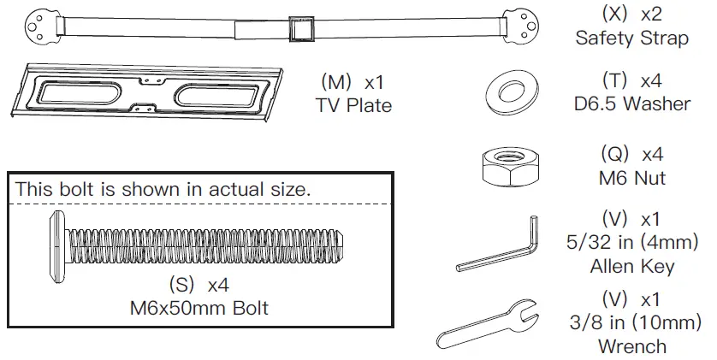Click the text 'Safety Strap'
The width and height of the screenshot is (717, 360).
[x=631, y=38]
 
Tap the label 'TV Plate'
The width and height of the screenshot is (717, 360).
[x=353, y=106]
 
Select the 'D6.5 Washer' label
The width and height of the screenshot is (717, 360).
[x=632, y=104]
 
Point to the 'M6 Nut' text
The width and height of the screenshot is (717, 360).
[x=632, y=180]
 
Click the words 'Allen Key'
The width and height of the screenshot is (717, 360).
[x=632, y=266]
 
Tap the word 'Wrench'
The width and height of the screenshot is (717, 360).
[x=632, y=346]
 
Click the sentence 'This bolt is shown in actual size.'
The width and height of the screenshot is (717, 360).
[x=163, y=190]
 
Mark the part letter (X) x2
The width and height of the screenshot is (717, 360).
[x=632, y=15]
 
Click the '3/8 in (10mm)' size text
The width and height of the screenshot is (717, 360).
[x=632, y=324]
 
